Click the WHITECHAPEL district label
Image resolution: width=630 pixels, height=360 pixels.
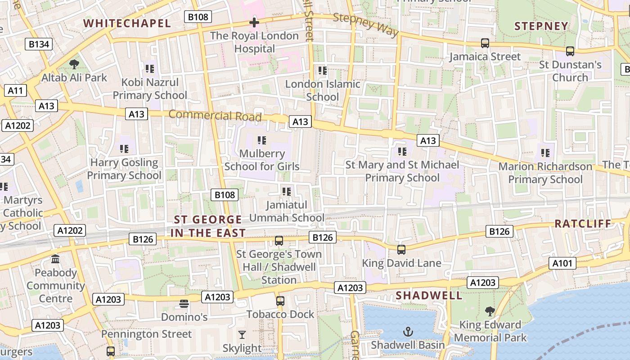(127, 23)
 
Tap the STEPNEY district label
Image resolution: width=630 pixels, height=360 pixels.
(541, 26)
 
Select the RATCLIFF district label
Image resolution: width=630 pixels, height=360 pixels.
(583, 224)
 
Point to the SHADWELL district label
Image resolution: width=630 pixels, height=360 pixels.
(429, 296)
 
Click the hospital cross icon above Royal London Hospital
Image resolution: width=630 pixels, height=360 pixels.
(254, 22)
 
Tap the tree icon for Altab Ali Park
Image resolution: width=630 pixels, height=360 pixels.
(74, 64)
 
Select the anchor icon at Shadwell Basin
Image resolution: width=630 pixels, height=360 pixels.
(408, 332)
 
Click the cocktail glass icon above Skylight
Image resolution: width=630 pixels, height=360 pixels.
(242, 335)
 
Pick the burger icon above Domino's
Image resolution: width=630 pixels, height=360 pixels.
(184, 304)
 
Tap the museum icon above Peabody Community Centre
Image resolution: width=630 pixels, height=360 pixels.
(56, 259)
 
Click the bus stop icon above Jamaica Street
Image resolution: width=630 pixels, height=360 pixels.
(485, 43)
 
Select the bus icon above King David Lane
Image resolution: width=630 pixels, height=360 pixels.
(401, 249)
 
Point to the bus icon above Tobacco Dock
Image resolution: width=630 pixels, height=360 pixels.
(280, 301)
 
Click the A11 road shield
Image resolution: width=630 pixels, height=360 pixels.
(15, 90)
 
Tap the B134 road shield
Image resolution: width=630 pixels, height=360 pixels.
(38, 44)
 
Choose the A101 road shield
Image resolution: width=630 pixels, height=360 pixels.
(562, 263)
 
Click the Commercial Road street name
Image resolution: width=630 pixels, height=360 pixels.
(215, 115)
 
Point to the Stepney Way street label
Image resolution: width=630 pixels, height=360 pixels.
(366, 24)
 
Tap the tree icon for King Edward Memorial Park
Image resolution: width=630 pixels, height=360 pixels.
(490, 311)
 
